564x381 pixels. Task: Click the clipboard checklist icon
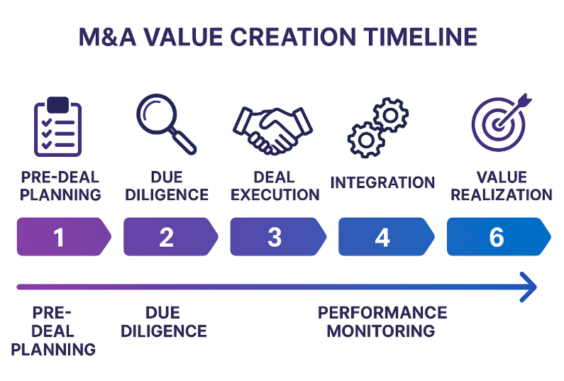click(x=58, y=126)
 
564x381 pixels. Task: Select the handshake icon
click(x=272, y=131)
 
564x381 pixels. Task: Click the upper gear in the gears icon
click(x=391, y=115)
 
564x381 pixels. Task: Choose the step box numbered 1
click(x=64, y=237)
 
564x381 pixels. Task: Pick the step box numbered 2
click(x=170, y=237)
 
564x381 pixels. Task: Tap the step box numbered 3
click(x=278, y=237)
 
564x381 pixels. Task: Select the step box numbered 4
click(x=387, y=237)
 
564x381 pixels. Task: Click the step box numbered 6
click(x=499, y=237)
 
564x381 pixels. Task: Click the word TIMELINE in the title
click(x=420, y=37)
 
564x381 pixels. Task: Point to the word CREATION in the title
click(x=293, y=37)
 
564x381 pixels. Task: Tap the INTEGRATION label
click(x=382, y=182)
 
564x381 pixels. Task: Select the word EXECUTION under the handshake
click(x=275, y=194)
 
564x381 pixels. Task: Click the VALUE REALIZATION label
click(x=502, y=186)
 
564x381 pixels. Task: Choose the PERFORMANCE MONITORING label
click(x=382, y=321)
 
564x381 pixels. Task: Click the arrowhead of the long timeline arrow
click(x=529, y=287)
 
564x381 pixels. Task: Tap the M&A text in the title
click(x=107, y=37)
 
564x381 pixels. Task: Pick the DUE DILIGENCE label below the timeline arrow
click(x=164, y=321)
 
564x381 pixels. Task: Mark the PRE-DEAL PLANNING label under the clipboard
click(x=60, y=186)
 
